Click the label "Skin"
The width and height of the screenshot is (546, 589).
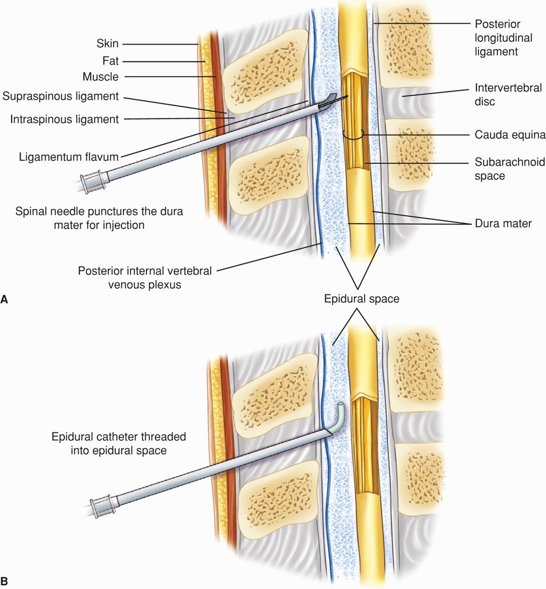tap(108, 44)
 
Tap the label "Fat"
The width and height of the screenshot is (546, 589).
tap(110, 60)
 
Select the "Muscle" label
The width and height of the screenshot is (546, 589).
tap(101, 76)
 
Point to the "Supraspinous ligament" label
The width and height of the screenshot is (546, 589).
tap(60, 96)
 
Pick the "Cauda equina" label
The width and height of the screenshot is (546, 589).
tap(506, 135)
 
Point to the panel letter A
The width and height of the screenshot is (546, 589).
tap(5, 299)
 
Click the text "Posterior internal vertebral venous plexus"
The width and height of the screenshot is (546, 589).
tap(145, 276)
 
